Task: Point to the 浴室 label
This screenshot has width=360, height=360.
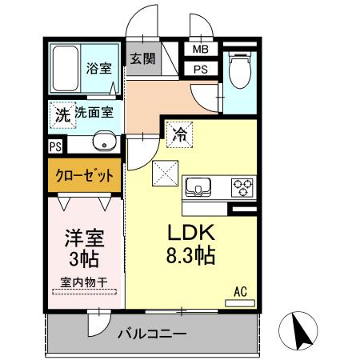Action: [x=98, y=69]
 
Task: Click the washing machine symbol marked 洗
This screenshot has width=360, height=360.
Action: [x=62, y=114]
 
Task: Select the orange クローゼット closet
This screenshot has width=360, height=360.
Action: [x=84, y=175]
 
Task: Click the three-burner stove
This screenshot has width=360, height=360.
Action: [x=242, y=188]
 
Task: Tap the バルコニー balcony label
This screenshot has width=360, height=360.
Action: [x=152, y=333]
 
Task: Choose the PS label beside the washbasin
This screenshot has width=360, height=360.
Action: [x=54, y=146]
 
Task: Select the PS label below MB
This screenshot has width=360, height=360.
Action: [x=200, y=69]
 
